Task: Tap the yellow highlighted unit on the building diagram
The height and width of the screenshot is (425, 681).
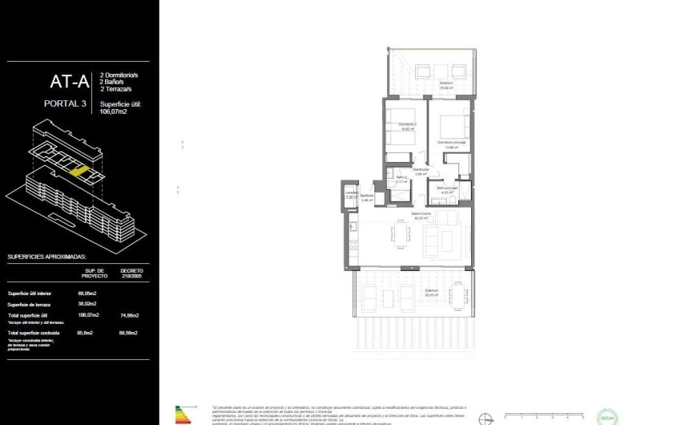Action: click(79, 170)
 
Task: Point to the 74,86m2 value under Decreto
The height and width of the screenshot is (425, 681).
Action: click(130, 316)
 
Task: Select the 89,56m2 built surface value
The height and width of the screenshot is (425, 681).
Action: click(130, 332)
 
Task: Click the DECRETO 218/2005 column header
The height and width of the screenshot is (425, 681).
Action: click(131, 273)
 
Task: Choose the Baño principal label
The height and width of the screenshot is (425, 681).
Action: click(446, 188)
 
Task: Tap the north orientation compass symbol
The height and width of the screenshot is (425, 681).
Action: click(485, 416)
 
